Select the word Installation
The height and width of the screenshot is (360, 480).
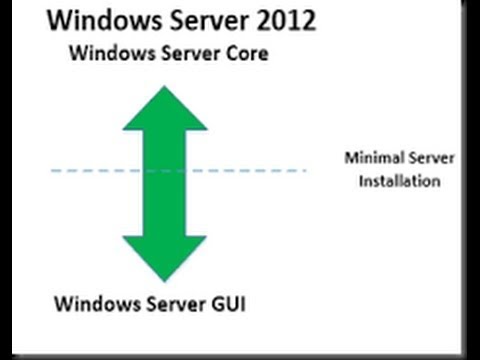point(400,182)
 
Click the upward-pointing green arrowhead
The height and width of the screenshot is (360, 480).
point(165,108)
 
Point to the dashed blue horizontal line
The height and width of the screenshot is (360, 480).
point(90,171)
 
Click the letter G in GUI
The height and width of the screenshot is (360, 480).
point(216,301)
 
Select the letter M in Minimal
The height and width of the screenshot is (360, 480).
point(351,158)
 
